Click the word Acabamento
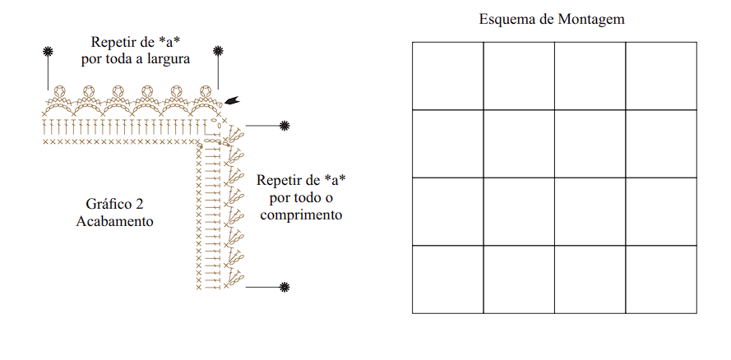[x=114, y=221]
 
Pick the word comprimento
[x=301, y=215]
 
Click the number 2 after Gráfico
[x=140, y=204]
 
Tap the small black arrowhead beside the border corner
[x=232, y=100]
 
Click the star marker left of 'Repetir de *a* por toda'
[x=48, y=52]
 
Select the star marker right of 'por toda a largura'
[x=217, y=51]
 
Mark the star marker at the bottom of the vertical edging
[x=285, y=288]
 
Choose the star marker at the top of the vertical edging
[x=285, y=125]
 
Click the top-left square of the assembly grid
[x=447, y=76]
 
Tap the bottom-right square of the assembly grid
[x=661, y=279]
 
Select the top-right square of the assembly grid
[x=661, y=76]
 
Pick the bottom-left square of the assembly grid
[x=447, y=279]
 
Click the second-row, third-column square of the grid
[x=590, y=144]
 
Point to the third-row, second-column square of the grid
[x=519, y=211]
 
